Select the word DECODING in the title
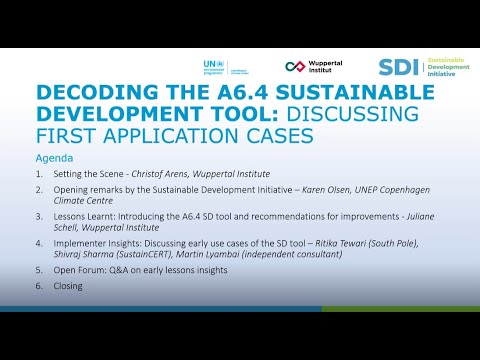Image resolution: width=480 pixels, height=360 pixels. tap(84, 93)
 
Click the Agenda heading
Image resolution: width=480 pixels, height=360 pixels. tap(55, 157)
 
